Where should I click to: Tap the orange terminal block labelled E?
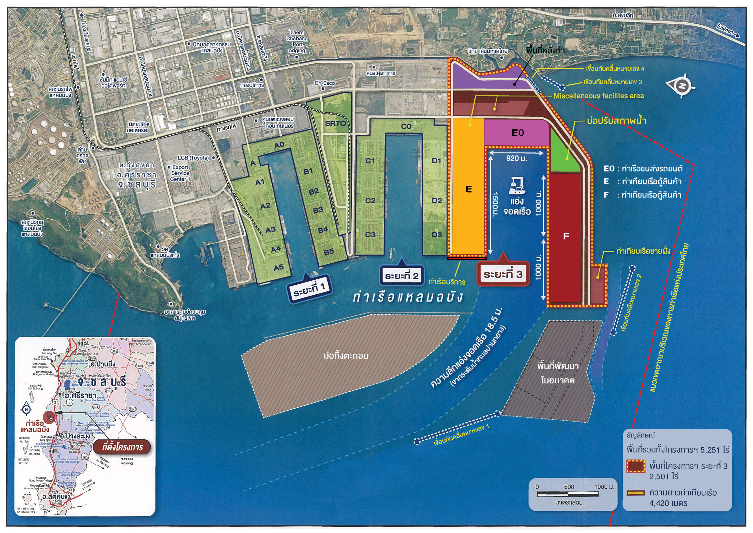coord(468,189)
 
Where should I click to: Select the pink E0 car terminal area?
coord(517,133)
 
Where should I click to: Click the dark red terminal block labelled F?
coord(566,236)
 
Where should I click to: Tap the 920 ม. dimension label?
coord(517,159)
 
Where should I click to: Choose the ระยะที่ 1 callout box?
coord(309,288)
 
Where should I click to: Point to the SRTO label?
coord(335,124)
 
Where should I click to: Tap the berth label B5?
coord(329,252)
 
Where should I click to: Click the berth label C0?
coord(406,126)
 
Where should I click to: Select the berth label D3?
coord(437,235)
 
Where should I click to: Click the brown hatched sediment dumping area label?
coord(346,356)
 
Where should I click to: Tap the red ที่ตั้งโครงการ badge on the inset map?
coord(122,447)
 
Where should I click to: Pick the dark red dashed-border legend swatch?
coord(636,466)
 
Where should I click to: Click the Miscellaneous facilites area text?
coord(599,96)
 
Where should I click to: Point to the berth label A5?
coord(279,268)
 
